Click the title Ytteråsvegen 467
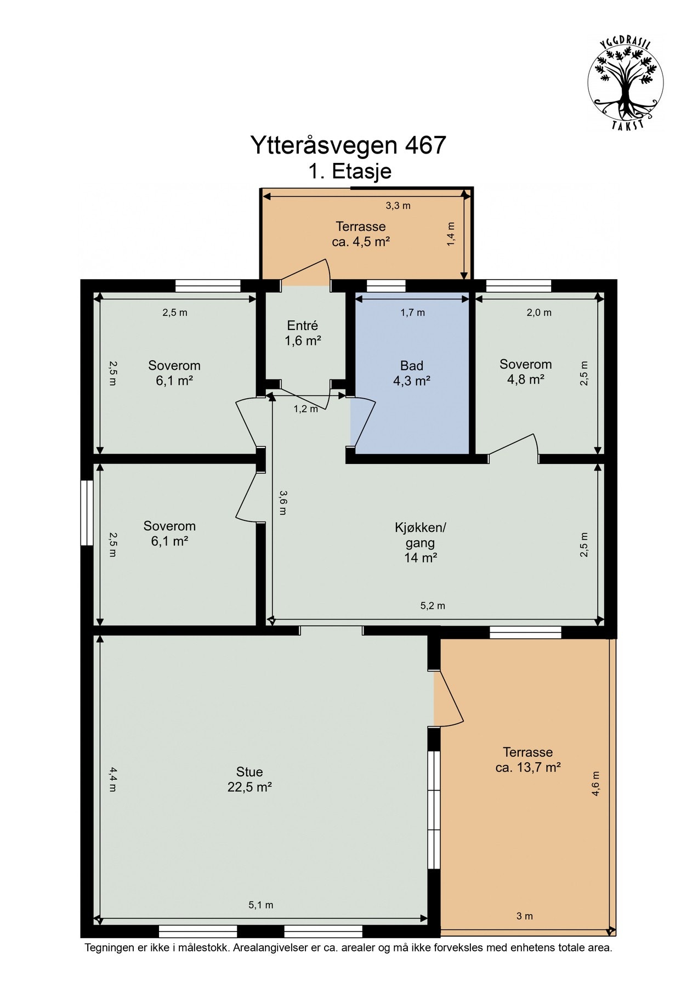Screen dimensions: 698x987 [x=348, y=145]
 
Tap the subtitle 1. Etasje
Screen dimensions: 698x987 [x=350, y=172]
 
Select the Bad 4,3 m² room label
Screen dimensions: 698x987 [x=411, y=373]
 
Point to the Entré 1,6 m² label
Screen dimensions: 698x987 [x=302, y=333]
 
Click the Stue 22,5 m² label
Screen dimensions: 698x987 [x=249, y=779]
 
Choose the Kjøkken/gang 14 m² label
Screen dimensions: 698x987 [x=421, y=543]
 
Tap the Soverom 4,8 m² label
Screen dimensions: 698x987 [x=525, y=372]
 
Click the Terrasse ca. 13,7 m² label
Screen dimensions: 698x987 [x=527, y=759]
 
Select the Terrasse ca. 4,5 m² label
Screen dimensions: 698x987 [x=361, y=234]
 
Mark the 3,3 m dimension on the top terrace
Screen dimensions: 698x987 [x=398, y=206]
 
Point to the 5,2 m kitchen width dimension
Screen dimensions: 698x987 [x=433, y=606]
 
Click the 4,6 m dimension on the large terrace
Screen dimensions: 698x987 [x=596, y=783]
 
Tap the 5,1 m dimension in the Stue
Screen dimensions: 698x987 [x=261, y=905]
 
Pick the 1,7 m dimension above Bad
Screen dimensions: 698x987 [x=412, y=313]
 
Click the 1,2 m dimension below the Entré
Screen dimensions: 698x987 [x=305, y=409]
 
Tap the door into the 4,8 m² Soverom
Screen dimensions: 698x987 [x=513, y=445]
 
